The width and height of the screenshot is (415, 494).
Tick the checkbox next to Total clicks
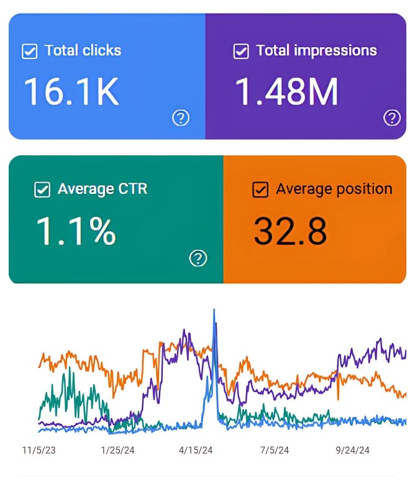pos(29,51)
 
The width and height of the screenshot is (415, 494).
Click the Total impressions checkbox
pos(241,51)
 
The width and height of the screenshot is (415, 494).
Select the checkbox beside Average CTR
pos(42,190)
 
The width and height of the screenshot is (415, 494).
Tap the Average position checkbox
pos(260,190)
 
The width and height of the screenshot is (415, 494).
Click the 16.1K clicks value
pos(71,92)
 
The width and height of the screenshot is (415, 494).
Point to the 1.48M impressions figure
pos(286,92)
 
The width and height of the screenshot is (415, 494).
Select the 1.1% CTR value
pos(75,231)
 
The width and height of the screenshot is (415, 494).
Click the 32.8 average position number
pos(290,231)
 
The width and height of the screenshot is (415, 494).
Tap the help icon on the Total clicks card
pos(180,117)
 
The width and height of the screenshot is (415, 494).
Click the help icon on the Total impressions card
pos(392,117)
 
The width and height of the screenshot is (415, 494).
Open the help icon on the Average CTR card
pos(198,258)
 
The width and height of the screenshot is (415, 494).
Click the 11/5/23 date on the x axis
pos(39,451)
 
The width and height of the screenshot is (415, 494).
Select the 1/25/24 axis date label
pos(117,451)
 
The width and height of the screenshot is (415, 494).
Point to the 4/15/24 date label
pos(196,451)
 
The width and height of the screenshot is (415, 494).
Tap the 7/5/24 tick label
pos(274,451)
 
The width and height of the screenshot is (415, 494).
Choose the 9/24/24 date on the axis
pos(352,451)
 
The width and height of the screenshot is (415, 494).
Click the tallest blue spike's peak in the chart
pos(214,310)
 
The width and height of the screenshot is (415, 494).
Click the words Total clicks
pos(83,50)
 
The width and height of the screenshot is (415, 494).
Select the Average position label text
pos(334,189)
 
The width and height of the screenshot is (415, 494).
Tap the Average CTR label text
pos(103,189)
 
